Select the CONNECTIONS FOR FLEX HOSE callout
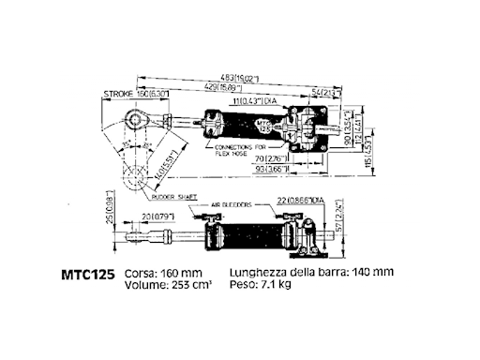[x=242, y=152]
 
